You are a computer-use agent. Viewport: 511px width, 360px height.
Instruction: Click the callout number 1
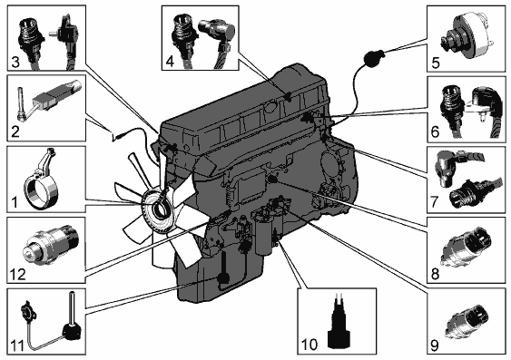15,202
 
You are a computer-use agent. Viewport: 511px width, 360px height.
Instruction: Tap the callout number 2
15,131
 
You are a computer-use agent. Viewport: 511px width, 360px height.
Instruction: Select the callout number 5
436,63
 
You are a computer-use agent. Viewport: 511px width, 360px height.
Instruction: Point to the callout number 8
435,274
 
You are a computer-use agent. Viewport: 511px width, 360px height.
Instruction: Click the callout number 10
310,345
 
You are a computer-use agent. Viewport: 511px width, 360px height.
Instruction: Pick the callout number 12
17,275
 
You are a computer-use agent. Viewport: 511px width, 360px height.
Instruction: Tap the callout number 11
17,345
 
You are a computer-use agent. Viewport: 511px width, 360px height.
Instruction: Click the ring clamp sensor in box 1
39,186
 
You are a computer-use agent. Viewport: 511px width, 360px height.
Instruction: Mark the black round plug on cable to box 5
372,59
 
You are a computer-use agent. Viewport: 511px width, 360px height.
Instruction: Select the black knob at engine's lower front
223,277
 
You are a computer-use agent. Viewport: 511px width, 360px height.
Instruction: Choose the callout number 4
170,61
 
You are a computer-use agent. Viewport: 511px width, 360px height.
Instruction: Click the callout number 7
435,202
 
